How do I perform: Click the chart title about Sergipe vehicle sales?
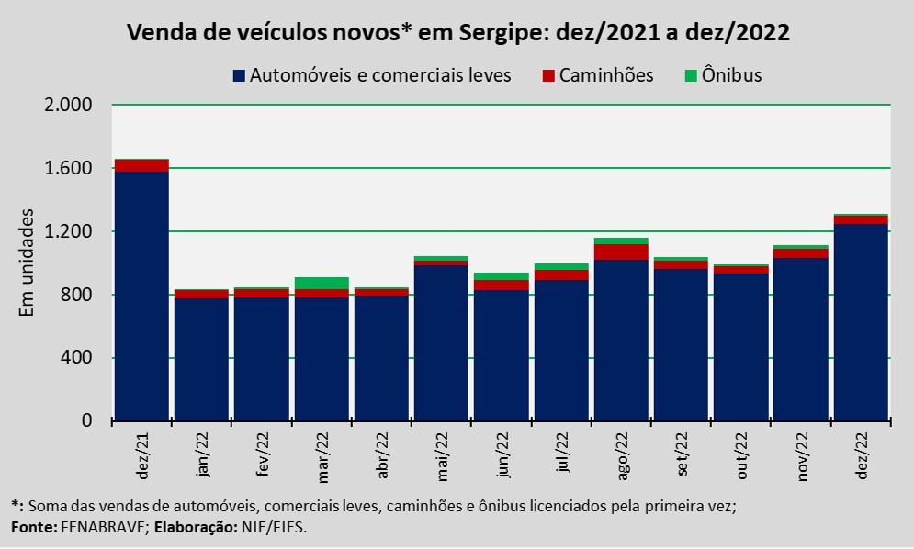tap(458, 33)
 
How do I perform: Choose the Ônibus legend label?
tap(731, 76)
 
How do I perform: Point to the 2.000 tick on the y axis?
tap(68, 105)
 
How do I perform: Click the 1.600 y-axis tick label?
tap(68, 168)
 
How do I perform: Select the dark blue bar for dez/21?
tap(141, 294)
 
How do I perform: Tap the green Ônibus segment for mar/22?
tap(321, 283)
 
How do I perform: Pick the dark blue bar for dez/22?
tap(861, 321)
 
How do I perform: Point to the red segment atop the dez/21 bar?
tap(141, 165)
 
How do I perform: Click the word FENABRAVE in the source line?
tap(97, 529)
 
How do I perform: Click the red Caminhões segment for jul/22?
tap(560, 274)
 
